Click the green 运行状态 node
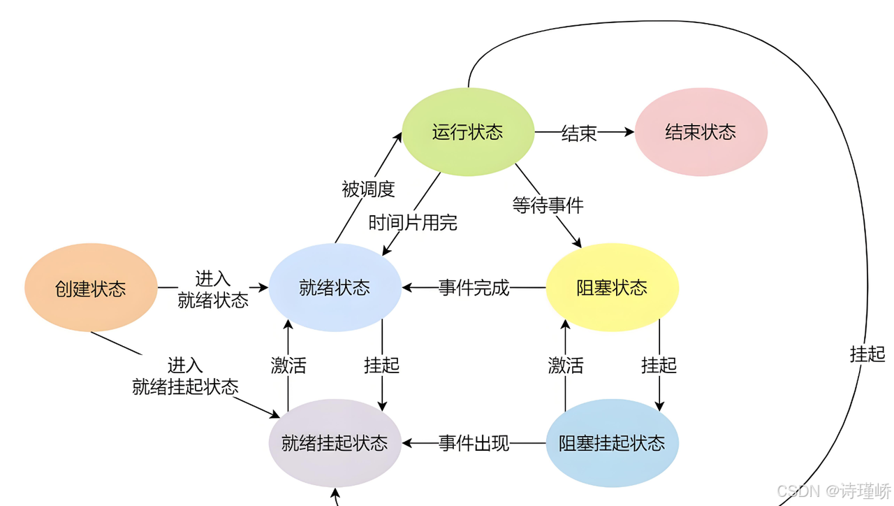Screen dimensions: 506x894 tap(468, 132)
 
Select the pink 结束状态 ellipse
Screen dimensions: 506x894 tap(701, 132)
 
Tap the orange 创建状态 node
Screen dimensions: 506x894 tap(91, 287)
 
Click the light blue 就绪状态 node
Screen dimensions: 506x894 tap(335, 287)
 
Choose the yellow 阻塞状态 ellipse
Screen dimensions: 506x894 tap(612, 287)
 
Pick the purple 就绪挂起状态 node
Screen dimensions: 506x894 tap(335, 443)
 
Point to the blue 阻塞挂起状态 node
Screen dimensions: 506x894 tap(612, 443)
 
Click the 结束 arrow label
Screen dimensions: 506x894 tap(579, 133)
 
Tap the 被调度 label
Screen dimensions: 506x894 tap(368, 189)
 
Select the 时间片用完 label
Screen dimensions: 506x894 tap(413, 222)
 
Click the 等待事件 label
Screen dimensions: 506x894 tap(548, 205)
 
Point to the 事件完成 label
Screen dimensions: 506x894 tap(474, 287)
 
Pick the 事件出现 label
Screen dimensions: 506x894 tap(474, 443)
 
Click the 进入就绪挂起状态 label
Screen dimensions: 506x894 tap(185, 376)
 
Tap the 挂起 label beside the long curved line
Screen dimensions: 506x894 tap(867, 354)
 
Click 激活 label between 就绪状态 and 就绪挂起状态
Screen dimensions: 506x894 tap(288, 365)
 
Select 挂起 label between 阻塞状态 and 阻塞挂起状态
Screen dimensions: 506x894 tap(659, 365)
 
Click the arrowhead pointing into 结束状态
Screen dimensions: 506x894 tap(629, 131)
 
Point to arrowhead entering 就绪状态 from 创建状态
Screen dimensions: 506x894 tap(264, 287)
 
